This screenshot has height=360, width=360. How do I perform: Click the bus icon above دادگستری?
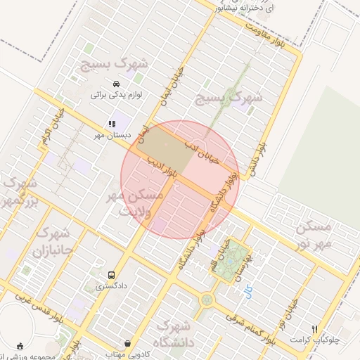point(110,275)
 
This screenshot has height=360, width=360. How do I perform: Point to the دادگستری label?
point(110,286)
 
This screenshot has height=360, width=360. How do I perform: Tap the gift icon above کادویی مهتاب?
point(127,343)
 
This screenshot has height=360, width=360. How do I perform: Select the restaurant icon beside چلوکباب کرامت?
point(315,328)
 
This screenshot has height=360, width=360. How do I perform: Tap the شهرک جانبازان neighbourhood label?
point(53,241)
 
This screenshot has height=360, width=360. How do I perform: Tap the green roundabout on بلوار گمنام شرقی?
point(207,300)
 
